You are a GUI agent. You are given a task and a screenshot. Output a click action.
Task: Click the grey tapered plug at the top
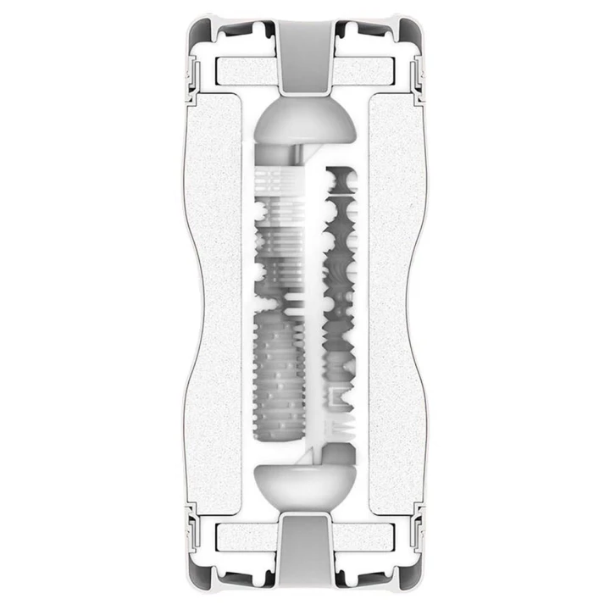click(305, 55)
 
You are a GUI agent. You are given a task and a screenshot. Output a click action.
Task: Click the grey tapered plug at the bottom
click(305, 555)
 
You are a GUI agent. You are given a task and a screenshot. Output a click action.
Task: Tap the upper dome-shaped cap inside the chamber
click(305, 122)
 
